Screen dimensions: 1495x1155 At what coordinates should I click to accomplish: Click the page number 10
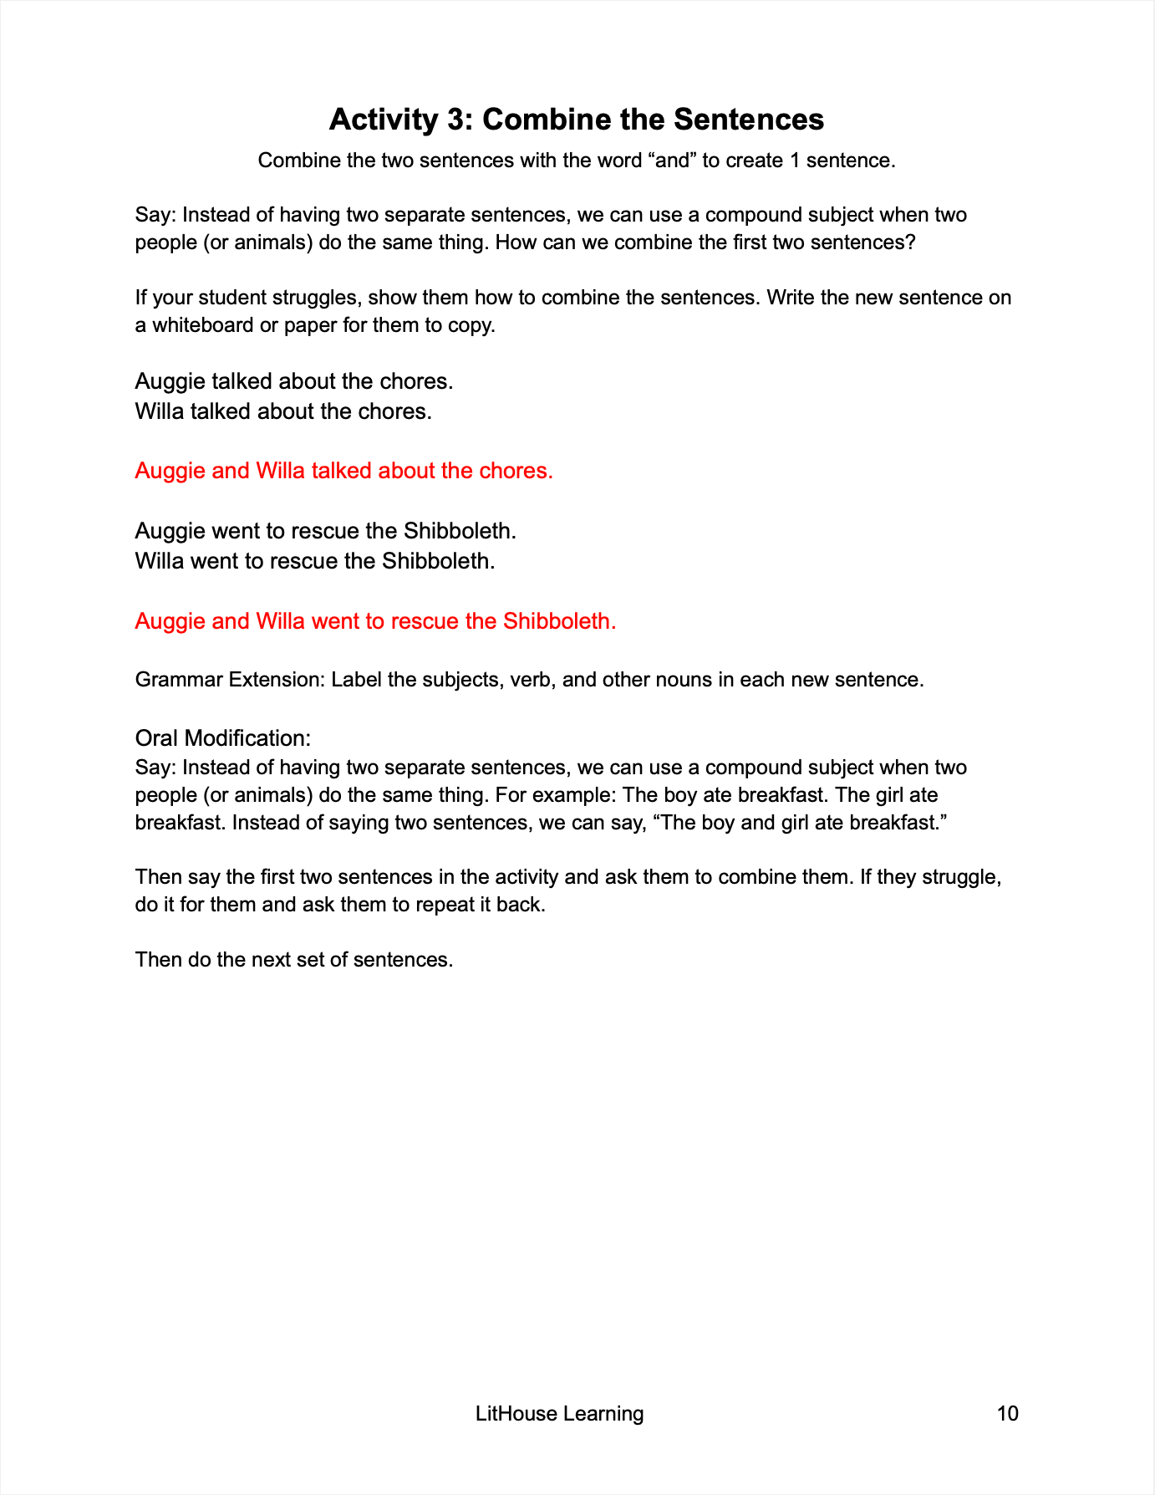coord(1007,1413)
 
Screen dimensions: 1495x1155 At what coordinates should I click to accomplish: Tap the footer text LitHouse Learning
coord(559,1413)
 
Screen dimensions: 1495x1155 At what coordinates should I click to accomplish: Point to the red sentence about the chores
coord(343,471)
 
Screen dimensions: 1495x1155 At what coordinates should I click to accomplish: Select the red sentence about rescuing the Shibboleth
coord(375,621)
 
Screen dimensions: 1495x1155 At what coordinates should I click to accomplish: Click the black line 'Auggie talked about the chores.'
coord(294,381)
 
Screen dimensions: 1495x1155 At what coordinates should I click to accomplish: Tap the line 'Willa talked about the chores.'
coord(283,411)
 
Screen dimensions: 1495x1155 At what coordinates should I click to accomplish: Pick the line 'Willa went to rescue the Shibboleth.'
coord(315,560)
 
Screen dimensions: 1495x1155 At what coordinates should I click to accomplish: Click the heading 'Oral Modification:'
coord(223,738)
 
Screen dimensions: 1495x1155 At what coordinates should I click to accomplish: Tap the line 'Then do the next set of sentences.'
coord(294,959)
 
